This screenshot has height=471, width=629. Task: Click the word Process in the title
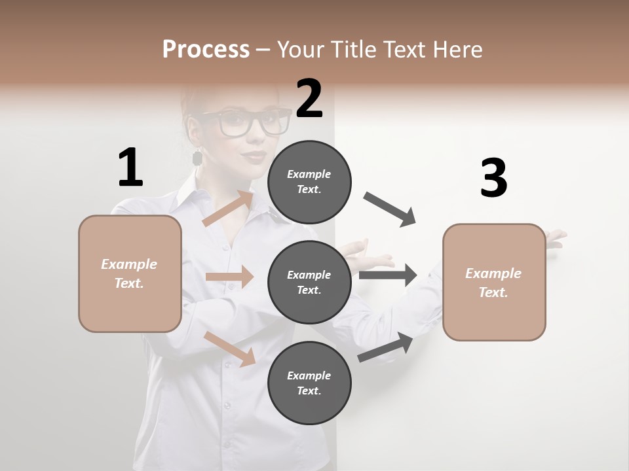(x=206, y=50)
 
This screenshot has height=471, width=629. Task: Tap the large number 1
(x=130, y=168)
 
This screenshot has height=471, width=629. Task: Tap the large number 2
(x=309, y=99)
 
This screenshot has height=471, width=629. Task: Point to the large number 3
(x=493, y=179)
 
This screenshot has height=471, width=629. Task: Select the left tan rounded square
(x=130, y=273)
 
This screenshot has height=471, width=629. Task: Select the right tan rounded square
(x=494, y=282)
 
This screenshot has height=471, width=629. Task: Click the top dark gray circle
(x=309, y=181)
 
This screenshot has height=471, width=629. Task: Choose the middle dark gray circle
(x=309, y=282)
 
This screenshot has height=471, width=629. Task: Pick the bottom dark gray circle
(x=309, y=383)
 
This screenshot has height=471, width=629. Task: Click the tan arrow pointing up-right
(x=228, y=209)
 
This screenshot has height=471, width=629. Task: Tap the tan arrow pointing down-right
(x=230, y=349)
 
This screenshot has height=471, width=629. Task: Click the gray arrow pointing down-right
(x=390, y=209)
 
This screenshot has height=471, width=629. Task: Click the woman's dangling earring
(x=197, y=158)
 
